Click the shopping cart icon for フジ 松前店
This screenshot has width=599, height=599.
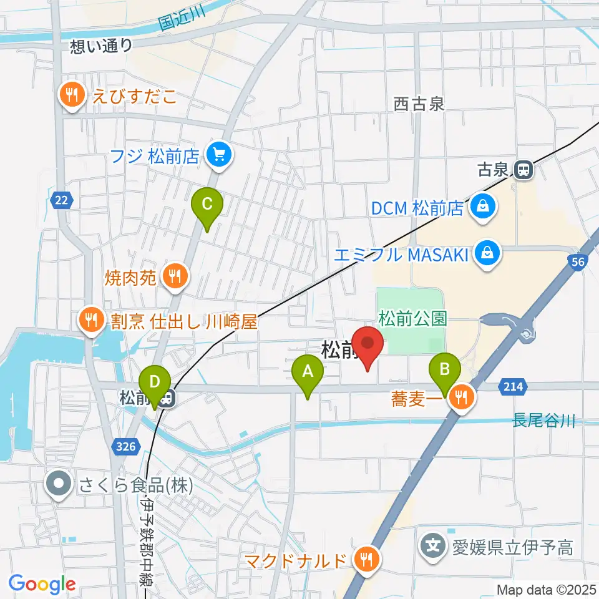pyautogui.click(x=218, y=154)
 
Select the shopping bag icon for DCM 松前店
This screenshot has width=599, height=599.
pyautogui.click(x=482, y=206)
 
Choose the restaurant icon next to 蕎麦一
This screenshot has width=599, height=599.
pyautogui.click(x=462, y=397)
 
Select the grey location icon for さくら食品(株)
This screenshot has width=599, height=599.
pyautogui.click(x=59, y=484)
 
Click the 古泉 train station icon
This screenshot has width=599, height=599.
pyautogui.click(x=524, y=170)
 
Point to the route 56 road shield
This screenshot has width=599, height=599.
pyautogui.click(x=578, y=262)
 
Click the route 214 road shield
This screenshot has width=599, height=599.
pyautogui.click(x=510, y=387)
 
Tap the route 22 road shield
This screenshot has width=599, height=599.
pyautogui.click(x=61, y=200)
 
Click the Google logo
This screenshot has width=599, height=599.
pyautogui.click(x=42, y=584)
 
